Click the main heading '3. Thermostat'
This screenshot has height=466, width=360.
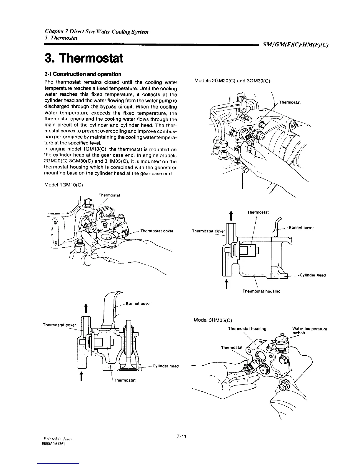pos(83,58)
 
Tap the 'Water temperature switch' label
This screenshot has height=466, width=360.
pos(309,331)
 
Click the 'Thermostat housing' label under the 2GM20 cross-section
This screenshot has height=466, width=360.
pos(261,291)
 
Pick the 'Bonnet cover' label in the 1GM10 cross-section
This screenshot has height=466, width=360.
pos(138,304)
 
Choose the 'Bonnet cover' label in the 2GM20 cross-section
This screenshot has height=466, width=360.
pos(301,227)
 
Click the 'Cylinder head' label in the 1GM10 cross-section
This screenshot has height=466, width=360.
pos(166,366)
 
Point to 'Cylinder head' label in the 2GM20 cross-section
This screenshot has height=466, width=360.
pos(312,275)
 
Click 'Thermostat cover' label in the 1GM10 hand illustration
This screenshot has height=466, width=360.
pos(157,231)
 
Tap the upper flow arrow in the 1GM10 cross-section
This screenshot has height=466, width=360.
pos(85,309)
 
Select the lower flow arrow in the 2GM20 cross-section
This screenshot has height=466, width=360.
pos(226,284)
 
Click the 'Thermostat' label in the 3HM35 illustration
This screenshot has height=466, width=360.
pos(232,348)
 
